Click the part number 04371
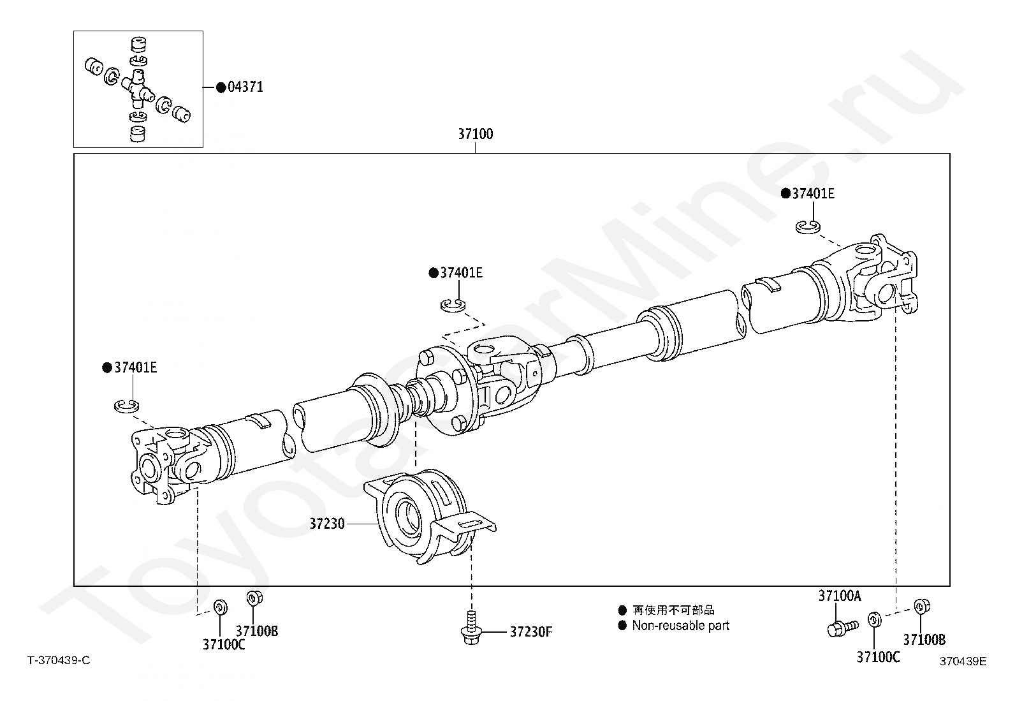point(245,87)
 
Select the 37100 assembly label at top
point(475,135)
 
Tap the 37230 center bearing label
point(327,524)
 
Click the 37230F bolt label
point(531,632)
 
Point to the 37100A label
point(839,596)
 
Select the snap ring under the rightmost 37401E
point(808,226)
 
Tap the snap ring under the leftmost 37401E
point(127,405)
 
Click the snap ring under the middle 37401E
point(453,305)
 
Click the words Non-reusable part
point(680,626)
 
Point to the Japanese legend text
point(673,610)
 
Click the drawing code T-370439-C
point(59,660)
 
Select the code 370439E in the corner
point(962,661)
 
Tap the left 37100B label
point(257,631)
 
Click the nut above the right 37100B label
point(920,606)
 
